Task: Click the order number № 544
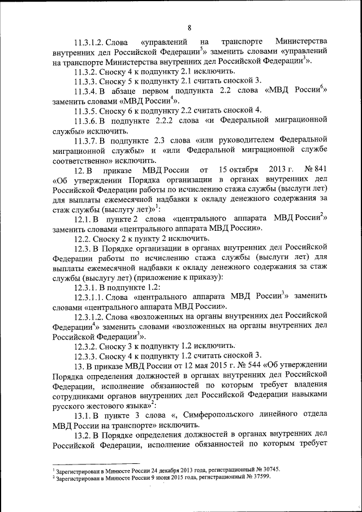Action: pyautogui.click(x=238, y=365)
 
